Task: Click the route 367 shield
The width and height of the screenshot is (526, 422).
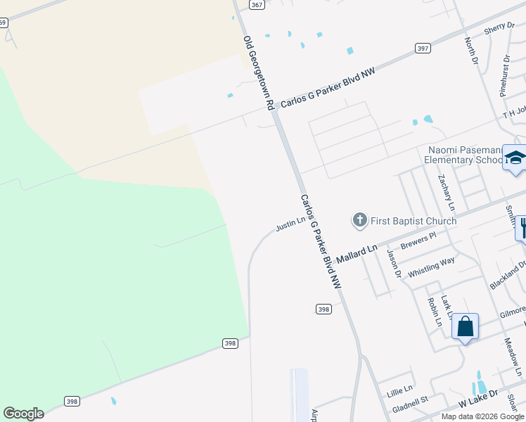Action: [x=257, y=4]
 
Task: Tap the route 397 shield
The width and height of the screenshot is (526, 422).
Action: [x=423, y=48]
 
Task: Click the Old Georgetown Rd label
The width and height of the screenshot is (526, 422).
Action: [x=258, y=72]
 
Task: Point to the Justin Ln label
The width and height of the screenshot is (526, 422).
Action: [x=291, y=224]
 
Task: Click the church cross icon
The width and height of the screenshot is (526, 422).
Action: [x=359, y=221]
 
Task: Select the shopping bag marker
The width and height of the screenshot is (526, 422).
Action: [x=465, y=327]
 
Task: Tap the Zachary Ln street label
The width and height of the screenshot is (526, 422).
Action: [x=447, y=193]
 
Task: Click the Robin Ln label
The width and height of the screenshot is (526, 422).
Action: [x=433, y=312]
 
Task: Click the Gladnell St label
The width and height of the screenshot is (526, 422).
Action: [x=410, y=402]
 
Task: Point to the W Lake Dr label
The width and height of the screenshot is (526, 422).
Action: [x=478, y=399]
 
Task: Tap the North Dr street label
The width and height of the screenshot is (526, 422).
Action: [x=471, y=51]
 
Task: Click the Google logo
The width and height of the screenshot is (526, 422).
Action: [x=23, y=414]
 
